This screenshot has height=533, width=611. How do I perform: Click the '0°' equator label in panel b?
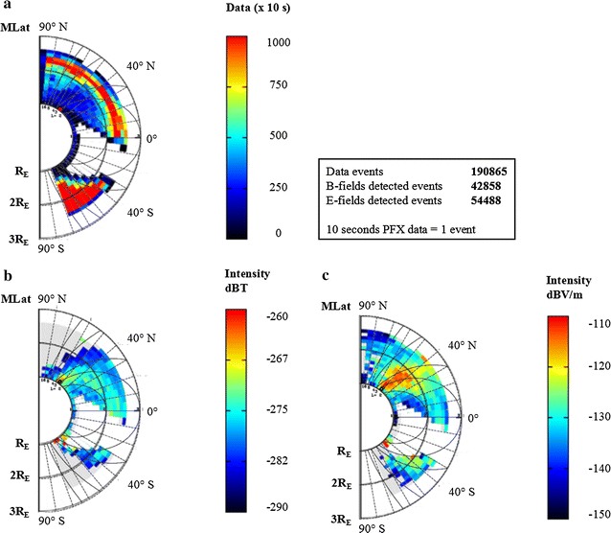click(x=152, y=411)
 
